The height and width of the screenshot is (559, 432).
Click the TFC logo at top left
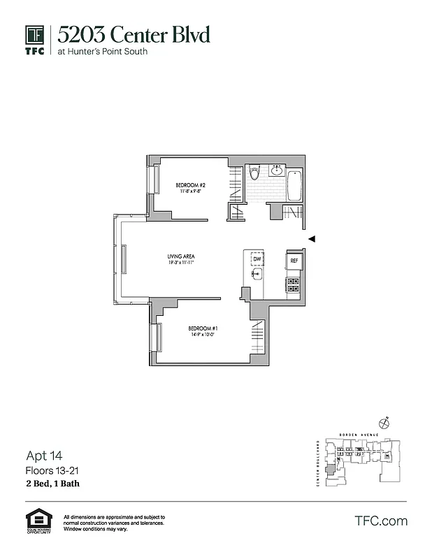coord(35,39)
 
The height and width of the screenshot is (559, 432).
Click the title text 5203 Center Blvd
coord(133,34)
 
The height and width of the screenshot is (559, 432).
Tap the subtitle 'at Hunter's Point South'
coord(102,51)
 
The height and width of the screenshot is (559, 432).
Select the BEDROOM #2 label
coord(189,185)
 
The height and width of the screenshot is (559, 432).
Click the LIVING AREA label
coord(180,256)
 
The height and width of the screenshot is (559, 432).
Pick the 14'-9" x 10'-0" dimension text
coord(202,335)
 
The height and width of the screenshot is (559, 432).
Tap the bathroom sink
coord(277,170)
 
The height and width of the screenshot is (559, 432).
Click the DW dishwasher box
coord(257,259)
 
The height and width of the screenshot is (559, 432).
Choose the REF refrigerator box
coord(294,261)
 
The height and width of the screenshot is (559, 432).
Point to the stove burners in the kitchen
coord(294,284)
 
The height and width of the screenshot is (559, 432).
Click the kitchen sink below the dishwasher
coord(257,275)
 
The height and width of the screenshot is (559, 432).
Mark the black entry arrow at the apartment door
coord(312,239)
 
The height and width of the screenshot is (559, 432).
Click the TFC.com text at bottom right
coord(381,521)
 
